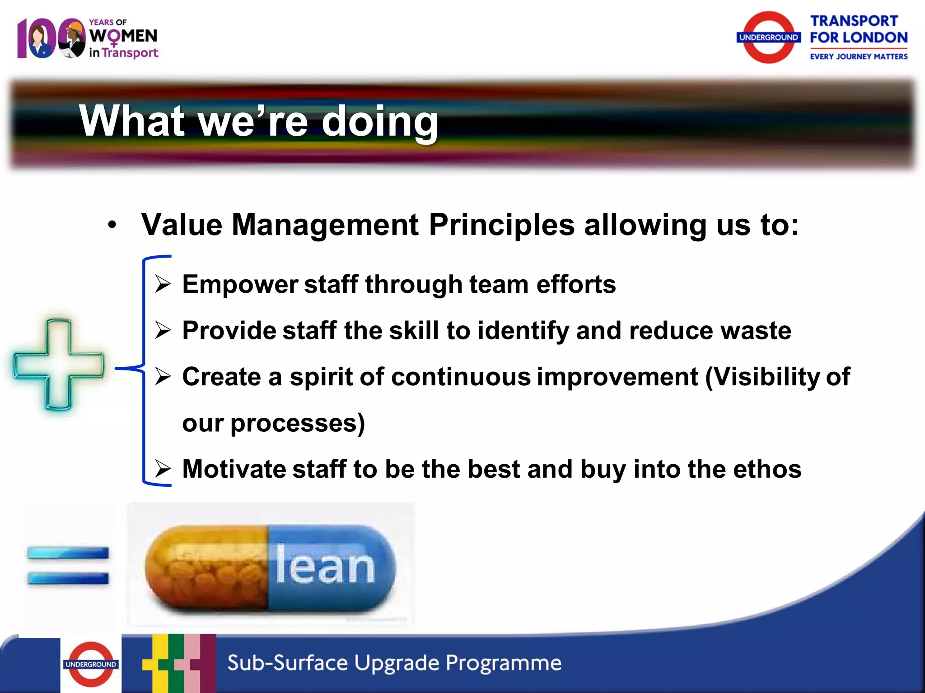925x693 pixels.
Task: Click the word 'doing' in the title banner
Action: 379,122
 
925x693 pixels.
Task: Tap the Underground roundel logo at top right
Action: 768,37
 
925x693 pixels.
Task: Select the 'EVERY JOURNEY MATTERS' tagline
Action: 858,56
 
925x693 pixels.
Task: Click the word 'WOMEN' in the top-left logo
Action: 123,36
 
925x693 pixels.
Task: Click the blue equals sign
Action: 68,565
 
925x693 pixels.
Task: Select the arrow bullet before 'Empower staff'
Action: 163,284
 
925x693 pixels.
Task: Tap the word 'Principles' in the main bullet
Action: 501,225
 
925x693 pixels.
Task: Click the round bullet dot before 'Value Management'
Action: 112,225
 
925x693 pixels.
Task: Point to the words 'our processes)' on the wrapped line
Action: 273,423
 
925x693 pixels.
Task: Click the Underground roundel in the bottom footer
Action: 91,664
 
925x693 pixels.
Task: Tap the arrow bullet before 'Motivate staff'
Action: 163,469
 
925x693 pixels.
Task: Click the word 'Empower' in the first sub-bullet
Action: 239,285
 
